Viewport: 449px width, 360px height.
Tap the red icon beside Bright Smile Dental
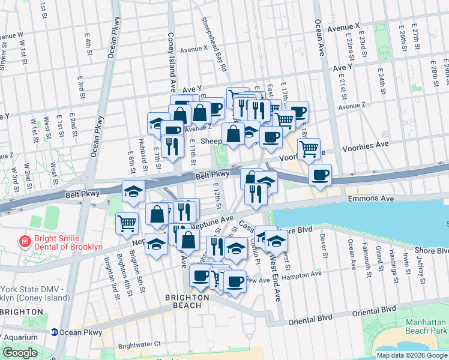pos(25,242)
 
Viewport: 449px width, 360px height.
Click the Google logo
pos(20,353)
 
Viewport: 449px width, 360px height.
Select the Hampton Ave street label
pos(304,274)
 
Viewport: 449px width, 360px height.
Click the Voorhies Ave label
pos(365,146)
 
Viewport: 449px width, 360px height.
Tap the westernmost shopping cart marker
pos(127,223)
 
